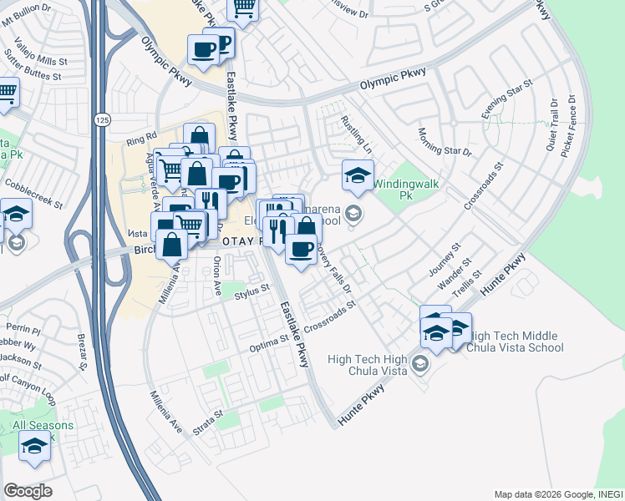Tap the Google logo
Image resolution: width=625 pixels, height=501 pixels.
tap(28, 491)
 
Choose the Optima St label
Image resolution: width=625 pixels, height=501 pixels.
tap(272, 343)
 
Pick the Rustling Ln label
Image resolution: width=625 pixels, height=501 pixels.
tap(354, 134)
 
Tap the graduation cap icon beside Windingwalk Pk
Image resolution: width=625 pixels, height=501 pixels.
tap(358, 175)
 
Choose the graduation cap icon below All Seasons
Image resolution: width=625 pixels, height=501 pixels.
tap(34, 448)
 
